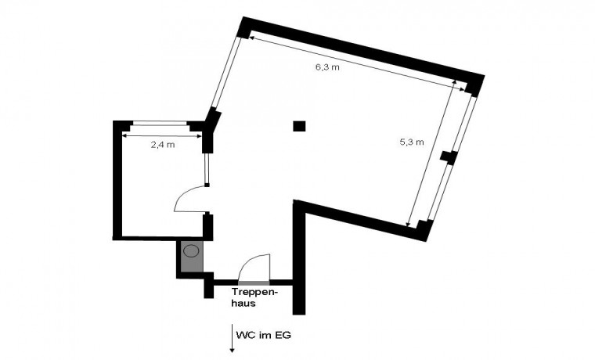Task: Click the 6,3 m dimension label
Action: [327, 67]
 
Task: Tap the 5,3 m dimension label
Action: [412, 142]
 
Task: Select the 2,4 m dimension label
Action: [163, 145]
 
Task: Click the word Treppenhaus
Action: [255, 298]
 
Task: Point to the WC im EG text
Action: [263, 335]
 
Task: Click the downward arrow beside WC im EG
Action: [232, 338]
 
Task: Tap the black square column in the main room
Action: [299, 126]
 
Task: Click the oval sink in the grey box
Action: [192, 250]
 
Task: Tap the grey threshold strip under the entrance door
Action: [254, 283]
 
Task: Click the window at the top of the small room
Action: [160, 123]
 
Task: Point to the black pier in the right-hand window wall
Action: [449, 157]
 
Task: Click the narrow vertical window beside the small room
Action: [207, 168]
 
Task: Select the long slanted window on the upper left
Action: [225, 72]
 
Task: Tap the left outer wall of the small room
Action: [117, 180]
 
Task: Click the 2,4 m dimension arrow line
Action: [161, 135]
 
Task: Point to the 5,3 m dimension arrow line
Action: [431, 153]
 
